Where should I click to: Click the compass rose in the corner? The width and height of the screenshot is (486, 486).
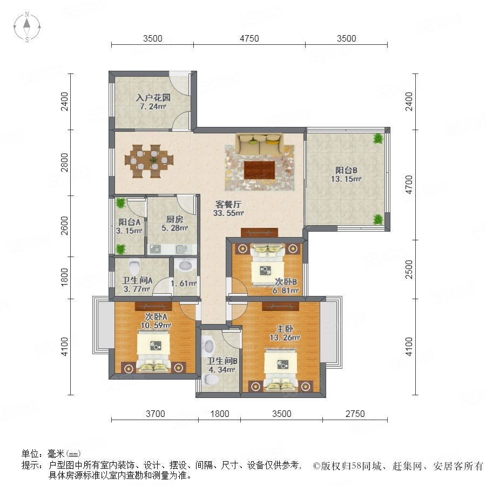[x=27, y=27]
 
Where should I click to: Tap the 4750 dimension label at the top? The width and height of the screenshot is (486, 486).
[x=249, y=38]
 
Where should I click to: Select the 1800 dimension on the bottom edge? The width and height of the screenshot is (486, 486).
[x=219, y=414]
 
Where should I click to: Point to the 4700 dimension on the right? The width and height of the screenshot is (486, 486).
[x=409, y=185]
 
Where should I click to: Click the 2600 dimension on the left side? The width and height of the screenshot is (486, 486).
[x=64, y=226]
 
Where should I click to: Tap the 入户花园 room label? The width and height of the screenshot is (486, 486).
[x=153, y=98]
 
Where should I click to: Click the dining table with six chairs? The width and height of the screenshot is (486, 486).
[x=149, y=161]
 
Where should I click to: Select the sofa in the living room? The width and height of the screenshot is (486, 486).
[x=259, y=144]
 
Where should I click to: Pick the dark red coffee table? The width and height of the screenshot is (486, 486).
[x=259, y=170]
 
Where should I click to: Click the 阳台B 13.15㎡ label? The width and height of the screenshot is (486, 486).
[x=346, y=174]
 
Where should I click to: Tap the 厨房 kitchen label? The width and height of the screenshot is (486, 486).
[x=174, y=219]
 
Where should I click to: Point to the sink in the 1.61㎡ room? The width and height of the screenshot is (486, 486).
[x=186, y=265]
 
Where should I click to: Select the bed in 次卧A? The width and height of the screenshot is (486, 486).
[x=154, y=352]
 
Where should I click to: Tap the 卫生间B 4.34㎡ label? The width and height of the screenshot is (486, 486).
[x=222, y=365]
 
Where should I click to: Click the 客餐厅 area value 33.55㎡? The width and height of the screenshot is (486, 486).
[x=228, y=213]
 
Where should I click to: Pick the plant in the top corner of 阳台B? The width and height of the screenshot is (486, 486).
[x=378, y=139]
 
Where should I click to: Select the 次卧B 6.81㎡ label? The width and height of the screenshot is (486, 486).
[x=286, y=286]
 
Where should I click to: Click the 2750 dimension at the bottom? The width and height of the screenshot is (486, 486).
[x=355, y=414]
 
